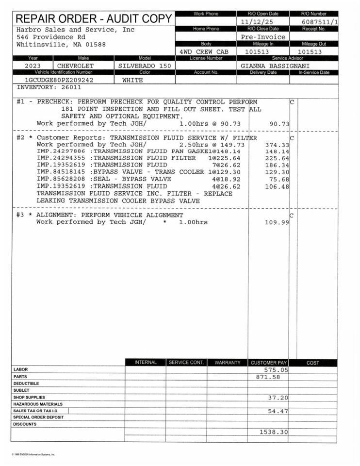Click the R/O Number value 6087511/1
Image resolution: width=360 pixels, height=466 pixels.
click(x=320, y=22)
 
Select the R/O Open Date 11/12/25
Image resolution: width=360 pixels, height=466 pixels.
click(x=257, y=22)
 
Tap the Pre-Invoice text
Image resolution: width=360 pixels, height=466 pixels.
click(x=263, y=37)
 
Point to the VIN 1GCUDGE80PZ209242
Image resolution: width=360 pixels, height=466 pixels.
click(x=59, y=80)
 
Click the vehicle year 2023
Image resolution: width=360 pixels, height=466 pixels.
click(x=33, y=66)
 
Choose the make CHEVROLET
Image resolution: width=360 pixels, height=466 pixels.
click(x=76, y=66)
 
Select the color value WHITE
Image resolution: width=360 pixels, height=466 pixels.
click(x=132, y=80)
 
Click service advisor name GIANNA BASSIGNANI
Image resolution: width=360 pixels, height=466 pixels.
click(x=275, y=66)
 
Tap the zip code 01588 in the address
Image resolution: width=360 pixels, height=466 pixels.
click(x=96, y=45)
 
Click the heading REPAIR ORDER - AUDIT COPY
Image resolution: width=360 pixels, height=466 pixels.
click(x=94, y=19)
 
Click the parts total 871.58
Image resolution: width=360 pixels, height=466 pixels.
click(x=268, y=377)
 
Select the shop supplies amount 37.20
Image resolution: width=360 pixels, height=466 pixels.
click(x=278, y=398)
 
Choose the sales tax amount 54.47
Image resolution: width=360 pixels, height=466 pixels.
click(x=278, y=411)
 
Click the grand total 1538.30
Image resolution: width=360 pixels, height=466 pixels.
click(x=274, y=432)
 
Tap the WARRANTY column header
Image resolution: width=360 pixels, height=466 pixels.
click(x=227, y=363)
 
